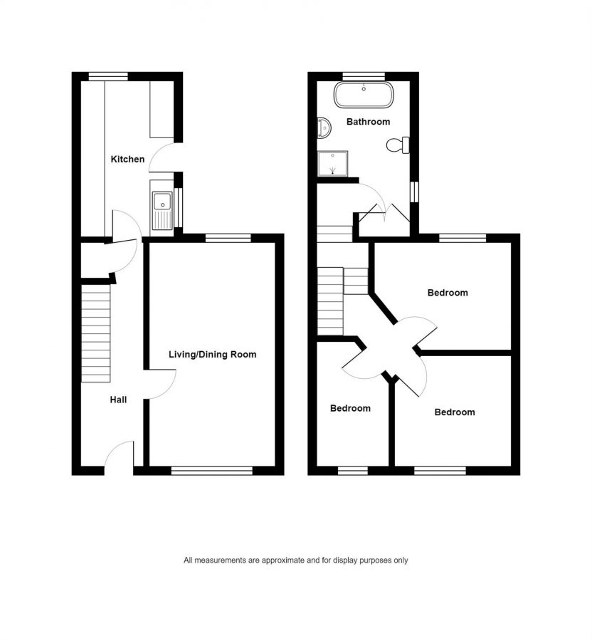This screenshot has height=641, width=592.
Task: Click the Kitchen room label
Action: tap(127, 159)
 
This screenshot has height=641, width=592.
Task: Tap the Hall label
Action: tap(118, 400)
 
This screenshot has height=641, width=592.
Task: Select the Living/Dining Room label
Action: tap(212, 355)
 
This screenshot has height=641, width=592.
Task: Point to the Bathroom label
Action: tap(368, 121)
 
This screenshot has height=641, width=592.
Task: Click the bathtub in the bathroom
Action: tap(364, 95)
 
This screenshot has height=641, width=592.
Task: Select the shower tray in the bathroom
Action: tap(333, 164)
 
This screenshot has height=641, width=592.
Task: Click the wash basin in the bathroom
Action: tap(324, 128)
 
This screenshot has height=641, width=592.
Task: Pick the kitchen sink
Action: tap(162, 211)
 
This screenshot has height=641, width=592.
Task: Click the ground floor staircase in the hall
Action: tap(96, 333)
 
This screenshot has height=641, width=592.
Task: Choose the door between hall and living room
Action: tap(160, 384)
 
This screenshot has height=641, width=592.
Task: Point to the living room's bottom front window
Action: tap(212, 471)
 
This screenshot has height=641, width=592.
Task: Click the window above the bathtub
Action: tap(364, 76)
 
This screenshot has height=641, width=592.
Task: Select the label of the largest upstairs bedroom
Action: tap(448, 293)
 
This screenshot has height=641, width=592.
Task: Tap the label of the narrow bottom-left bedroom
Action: tap(350, 408)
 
